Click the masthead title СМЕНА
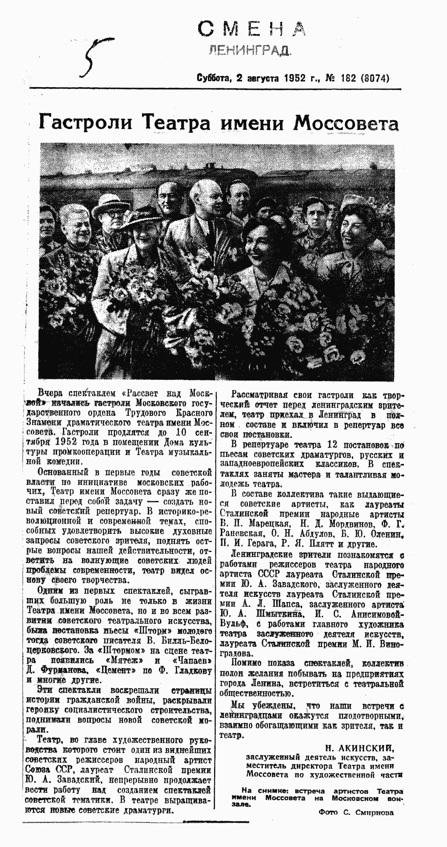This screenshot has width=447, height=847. (251, 29)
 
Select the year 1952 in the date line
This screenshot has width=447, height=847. (296, 78)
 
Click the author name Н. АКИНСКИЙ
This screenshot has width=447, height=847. (360, 749)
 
